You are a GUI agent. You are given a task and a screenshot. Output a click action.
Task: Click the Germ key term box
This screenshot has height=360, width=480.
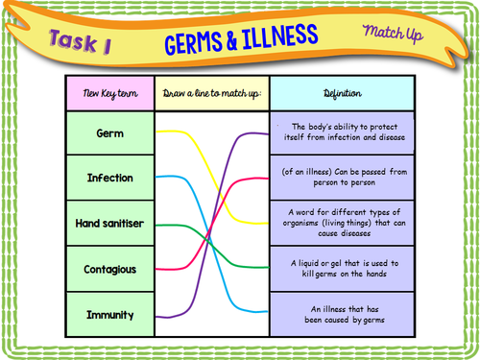[x=110, y=133]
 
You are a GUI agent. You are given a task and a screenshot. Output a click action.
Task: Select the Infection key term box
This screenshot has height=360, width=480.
[x=110, y=179]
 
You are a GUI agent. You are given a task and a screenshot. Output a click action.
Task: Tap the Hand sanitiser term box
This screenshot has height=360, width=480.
[x=110, y=224]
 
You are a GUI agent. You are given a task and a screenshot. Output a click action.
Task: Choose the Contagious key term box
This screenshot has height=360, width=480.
[x=110, y=269]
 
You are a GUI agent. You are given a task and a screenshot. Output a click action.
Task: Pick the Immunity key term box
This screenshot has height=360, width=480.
[x=110, y=314]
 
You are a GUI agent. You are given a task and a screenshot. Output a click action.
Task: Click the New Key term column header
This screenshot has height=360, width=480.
[x=110, y=93]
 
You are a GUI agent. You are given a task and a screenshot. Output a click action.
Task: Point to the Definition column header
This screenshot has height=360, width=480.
[x=343, y=93]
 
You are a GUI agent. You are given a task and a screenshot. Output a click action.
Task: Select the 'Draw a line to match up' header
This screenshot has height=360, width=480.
[x=212, y=93]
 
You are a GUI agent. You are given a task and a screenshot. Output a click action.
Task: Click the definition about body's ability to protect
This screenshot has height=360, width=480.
[x=343, y=133]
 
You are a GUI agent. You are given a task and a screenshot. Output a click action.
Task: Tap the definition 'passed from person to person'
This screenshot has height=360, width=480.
[x=343, y=178]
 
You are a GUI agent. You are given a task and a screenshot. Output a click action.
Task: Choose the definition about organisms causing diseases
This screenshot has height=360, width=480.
[x=343, y=223]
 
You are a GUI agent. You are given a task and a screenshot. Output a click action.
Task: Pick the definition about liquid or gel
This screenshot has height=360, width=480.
[x=343, y=269]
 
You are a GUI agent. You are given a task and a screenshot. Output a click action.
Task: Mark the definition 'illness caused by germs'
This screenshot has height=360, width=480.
[x=343, y=314]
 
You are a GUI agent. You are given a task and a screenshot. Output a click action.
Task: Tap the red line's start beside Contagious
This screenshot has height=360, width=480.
[x=159, y=269]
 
